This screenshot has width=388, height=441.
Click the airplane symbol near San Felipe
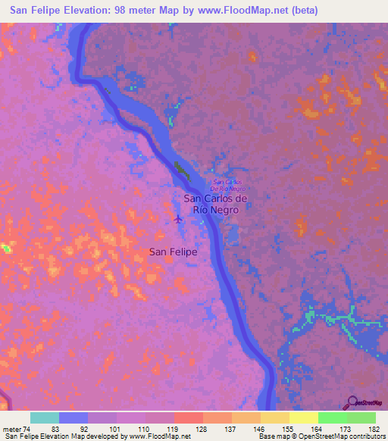click(178, 220)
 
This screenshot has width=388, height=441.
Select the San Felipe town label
click(173, 252)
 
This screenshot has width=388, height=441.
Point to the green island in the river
click(181, 170)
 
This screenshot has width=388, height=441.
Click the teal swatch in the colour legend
click(45, 418)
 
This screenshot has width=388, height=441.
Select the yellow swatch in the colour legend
click(303, 418)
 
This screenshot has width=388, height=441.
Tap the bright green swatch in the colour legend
click(332, 418)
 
